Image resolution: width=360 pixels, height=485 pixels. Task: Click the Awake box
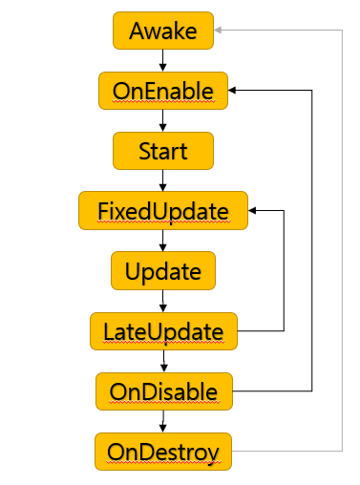(x=163, y=31)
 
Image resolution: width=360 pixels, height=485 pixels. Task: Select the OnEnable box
(x=163, y=91)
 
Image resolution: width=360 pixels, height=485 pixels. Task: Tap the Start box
(x=163, y=151)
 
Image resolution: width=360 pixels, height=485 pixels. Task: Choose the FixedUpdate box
(x=163, y=211)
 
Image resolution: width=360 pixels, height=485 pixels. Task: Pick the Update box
(x=163, y=271)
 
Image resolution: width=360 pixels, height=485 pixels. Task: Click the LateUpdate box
(x=163, y=331)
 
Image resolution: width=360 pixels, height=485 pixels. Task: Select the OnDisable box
(x=164, y=391)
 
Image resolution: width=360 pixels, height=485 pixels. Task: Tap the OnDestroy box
(x=163, y=452)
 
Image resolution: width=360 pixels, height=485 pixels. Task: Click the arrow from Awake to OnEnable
(x=163, y=60)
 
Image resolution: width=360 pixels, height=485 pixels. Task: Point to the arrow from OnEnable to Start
(x=163, y=120)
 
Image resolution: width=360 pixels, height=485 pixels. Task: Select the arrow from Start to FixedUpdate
(x=163, y=180)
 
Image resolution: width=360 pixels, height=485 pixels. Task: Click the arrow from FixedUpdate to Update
(x=163, y=241)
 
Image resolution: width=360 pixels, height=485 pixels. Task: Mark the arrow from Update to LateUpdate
(x=163, y=301)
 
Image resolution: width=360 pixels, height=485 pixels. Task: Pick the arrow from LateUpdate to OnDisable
(x=164, y=361)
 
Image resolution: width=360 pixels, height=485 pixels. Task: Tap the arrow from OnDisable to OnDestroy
(x=163, y=421)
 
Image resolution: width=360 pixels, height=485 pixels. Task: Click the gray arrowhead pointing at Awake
(x=218, y=31)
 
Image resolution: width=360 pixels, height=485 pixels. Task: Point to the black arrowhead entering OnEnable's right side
(x=232, y=91)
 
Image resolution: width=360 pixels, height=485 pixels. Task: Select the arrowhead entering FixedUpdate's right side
(x=252, y=210)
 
